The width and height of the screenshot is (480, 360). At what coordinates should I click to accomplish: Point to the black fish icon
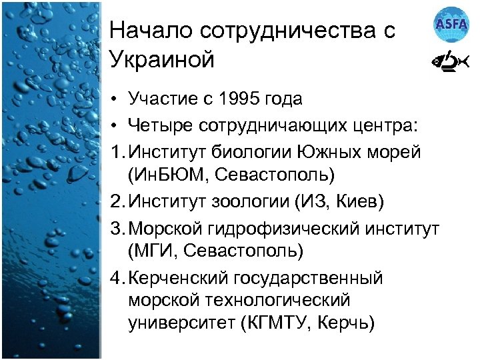coord(451,62)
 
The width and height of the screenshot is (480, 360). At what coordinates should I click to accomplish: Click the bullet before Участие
coord(115,100)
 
